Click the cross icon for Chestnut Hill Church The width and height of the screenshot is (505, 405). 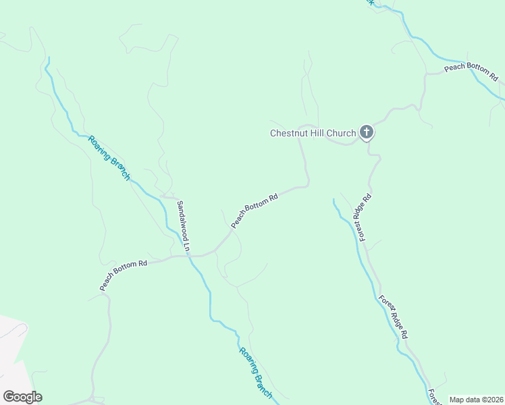pyautogui.click(x=366, y=132)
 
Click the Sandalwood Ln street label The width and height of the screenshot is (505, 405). pyautogui.click(x=184, y=226)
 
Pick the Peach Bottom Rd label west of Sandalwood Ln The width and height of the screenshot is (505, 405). pyautogui.click(x=124, y=275)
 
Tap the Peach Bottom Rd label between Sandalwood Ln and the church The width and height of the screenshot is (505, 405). pyautogui.click(x=255, y=211)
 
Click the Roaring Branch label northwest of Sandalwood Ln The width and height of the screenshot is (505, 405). pyautogui.click(x=108, y=157)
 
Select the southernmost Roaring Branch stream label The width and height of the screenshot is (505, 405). pyautogui.click(x=255, y=372)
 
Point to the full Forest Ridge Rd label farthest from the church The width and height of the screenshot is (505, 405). pyautogui.click(x=393, y=317)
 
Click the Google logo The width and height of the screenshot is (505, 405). pyautogui.click(x=22, y=397)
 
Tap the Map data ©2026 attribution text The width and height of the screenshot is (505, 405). pyautogui.click(x=476, y=400)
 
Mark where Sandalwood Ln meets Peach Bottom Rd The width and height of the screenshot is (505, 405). pyautogui.click(x=188, y=256)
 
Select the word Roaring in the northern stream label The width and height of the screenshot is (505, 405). pyautogui.click(x=99, y=148)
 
